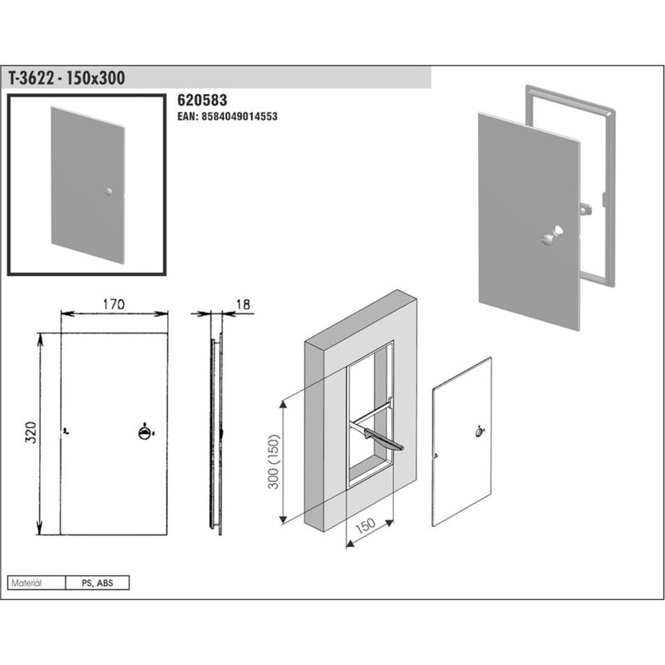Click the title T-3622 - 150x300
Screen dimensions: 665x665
66,78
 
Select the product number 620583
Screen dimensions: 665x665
202,100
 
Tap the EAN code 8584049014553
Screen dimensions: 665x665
227,116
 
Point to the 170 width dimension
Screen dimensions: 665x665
114,304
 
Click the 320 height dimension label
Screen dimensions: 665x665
31,432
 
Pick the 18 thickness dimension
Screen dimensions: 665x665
243,304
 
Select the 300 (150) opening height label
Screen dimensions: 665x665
274,462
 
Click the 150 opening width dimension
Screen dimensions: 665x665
365,526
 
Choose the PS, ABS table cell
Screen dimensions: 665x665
97,583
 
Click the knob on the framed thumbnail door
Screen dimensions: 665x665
109,192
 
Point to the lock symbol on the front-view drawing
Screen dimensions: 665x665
145,432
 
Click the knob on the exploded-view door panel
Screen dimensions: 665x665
552,235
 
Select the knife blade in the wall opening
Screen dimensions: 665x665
384,440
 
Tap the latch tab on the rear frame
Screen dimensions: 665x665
587,209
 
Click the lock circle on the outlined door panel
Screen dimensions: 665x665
480,432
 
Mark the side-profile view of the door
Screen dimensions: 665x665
216,433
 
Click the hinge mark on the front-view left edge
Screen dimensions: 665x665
65,431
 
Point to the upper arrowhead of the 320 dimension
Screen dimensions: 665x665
40,338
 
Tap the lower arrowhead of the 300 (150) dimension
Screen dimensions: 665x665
283,519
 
